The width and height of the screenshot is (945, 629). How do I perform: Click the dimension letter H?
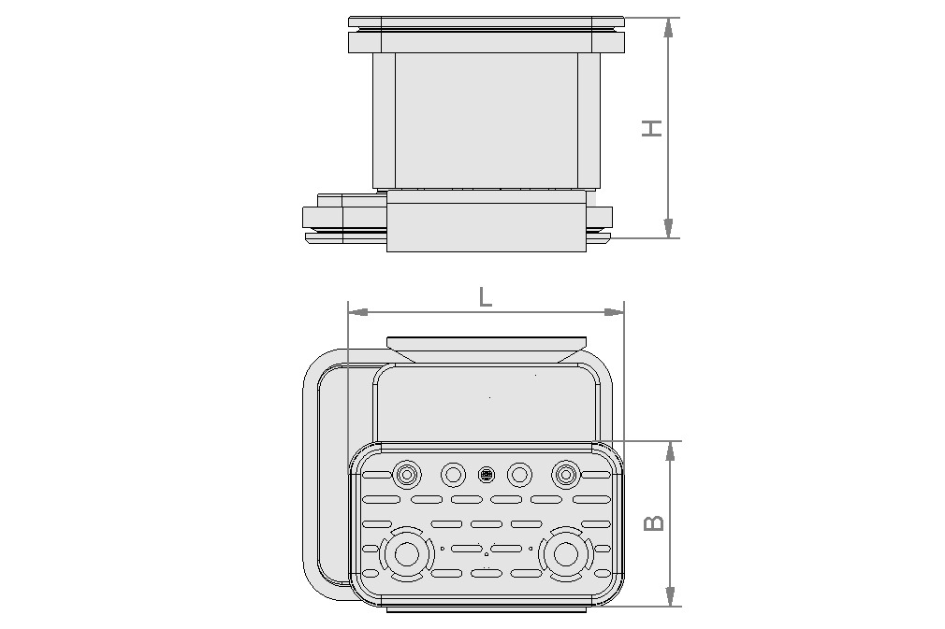coord(652,128)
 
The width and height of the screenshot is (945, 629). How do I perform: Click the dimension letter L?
coord(485,297)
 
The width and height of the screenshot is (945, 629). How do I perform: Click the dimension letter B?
coord(655,522)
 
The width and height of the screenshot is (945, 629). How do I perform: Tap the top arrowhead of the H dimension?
coord(668,27)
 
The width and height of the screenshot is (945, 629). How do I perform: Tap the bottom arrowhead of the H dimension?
coord(668,228)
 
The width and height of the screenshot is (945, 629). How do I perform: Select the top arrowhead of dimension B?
coord(670,450)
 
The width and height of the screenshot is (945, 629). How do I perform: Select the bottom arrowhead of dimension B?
coord(670,595)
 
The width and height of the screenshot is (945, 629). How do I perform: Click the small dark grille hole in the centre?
coord(486,475)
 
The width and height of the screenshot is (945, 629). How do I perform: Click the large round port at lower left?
coord(407,554)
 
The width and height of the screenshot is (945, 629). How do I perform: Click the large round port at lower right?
coord(565,554)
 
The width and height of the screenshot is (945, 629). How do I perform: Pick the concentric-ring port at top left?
coord(407,475)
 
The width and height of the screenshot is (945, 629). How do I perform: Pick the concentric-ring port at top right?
coord(565,475)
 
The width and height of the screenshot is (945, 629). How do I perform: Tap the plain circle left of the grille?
coord(453,475)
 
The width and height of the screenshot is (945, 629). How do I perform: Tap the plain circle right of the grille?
coord(519,475)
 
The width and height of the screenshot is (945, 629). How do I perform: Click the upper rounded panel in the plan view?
coord(485,402)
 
